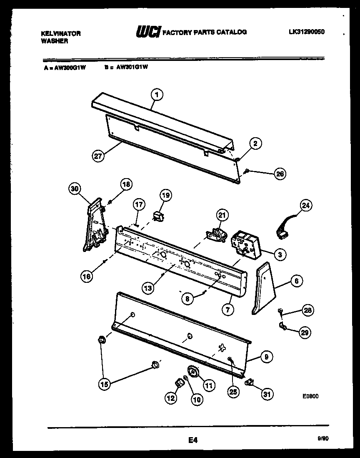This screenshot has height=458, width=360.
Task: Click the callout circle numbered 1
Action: (157, 95)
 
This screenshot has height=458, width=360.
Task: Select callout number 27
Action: (98, 156)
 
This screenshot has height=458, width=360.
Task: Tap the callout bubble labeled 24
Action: (307, 206)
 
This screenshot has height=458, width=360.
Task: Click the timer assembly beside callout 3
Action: (244, 244)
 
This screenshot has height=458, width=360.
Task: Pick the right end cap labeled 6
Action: (263, 288)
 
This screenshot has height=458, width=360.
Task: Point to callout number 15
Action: (105, 385)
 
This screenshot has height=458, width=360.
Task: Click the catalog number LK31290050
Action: (306, 31)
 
